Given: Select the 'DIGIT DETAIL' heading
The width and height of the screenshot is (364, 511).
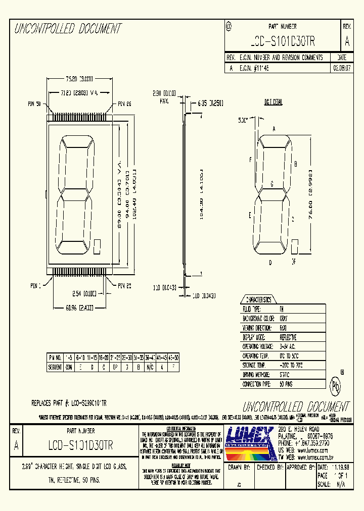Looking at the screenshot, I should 273,103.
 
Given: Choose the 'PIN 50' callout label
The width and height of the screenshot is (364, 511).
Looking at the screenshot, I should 34,105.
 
